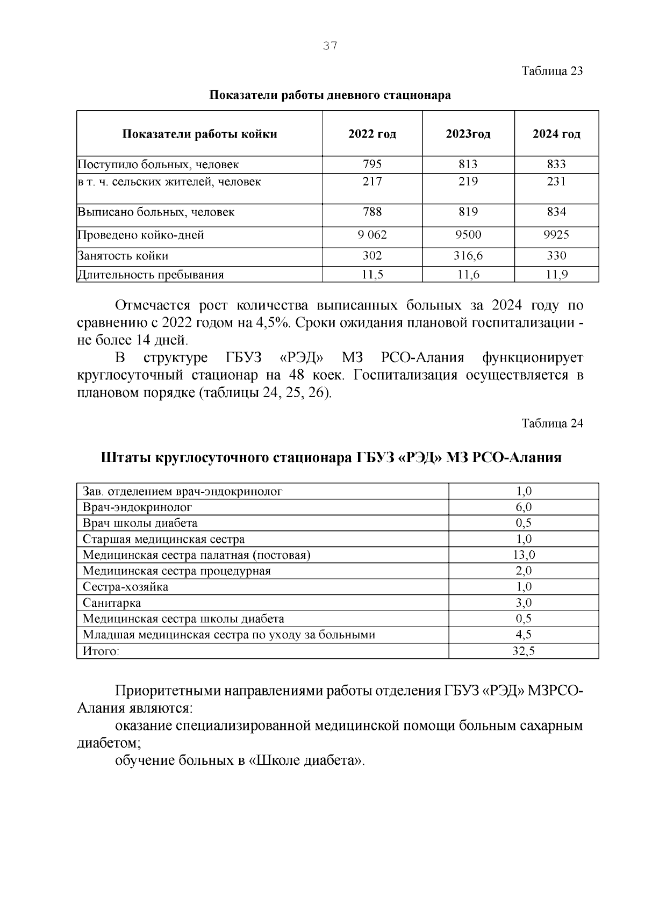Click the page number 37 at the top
click(330, 46)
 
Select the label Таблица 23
click(552, 71)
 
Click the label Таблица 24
click(552, 423)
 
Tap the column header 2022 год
click(372, 134)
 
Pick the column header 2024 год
click(556, 134)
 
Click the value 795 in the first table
click(372, 164)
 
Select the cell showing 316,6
click(468, 256)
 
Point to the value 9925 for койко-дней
click(556, 235)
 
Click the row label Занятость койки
click(123, 256)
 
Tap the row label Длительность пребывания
click(150, 275)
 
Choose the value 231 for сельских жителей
click(556, 182)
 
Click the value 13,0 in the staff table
click(524, 555)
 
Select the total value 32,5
click(524, 651)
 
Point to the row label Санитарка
click(112, 603)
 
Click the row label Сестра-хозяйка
click(125, 587)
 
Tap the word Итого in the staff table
click(101, 651)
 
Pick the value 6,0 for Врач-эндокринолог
click(524, 507)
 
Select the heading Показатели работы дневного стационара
click(329, 96)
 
